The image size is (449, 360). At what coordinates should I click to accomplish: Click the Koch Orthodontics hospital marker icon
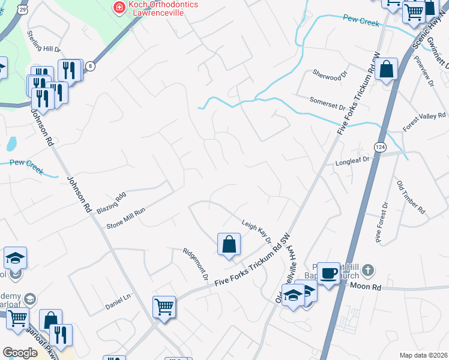click(x=119, y=7)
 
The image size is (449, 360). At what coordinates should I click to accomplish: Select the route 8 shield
click(x=90, y=65)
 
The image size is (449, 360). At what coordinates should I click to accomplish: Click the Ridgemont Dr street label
click(x=195, y=264)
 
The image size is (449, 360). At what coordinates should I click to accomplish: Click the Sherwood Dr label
click(x=330, y=74)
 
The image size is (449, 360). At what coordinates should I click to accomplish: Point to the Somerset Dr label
click(x=327, y=104)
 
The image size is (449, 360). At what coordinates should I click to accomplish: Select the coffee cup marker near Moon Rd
click(x=328, y=273)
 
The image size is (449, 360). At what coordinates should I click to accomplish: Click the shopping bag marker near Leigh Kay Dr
click(x=229, y=244)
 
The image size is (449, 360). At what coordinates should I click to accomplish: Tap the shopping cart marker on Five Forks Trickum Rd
click(x=164, y=307)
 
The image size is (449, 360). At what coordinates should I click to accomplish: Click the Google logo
click(x=20, y=353)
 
